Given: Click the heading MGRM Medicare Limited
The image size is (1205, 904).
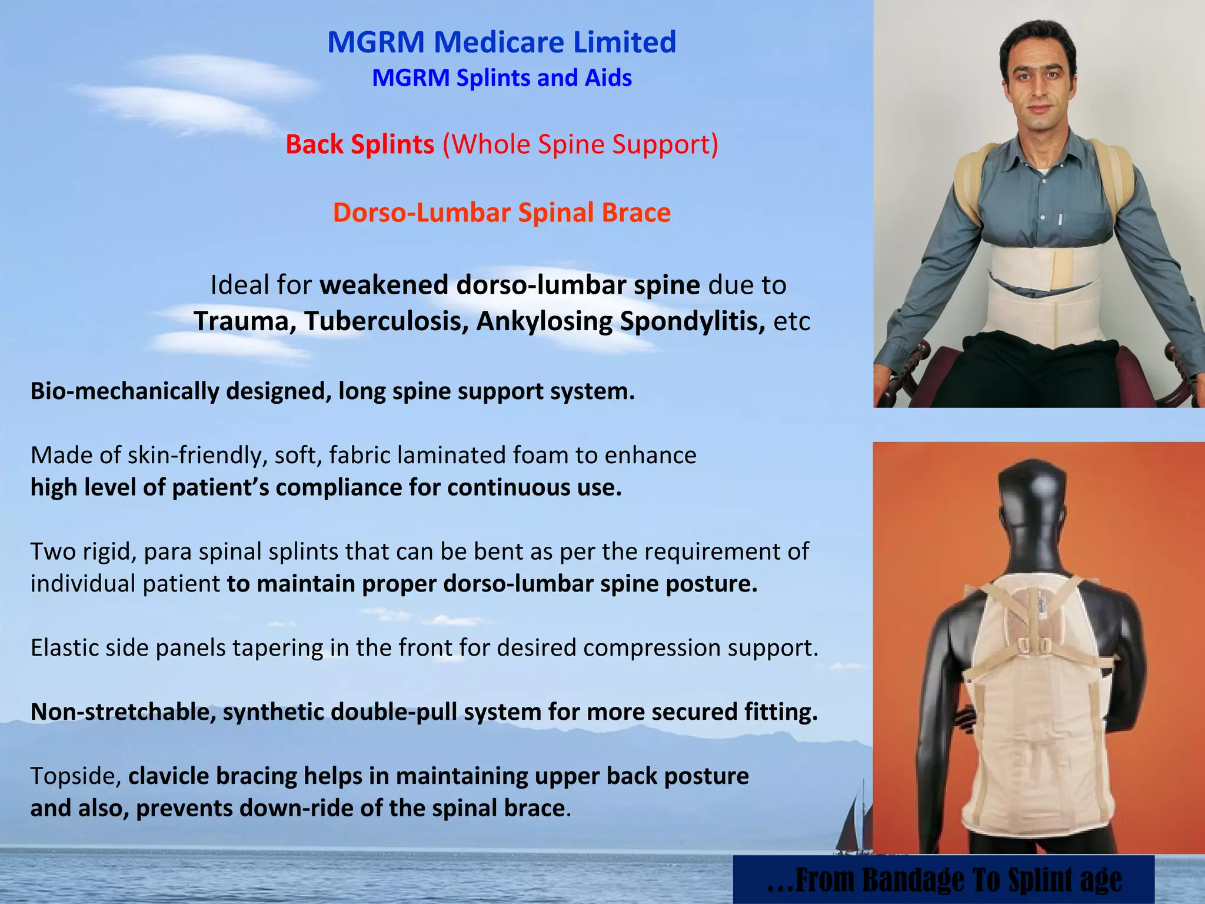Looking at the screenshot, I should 501,42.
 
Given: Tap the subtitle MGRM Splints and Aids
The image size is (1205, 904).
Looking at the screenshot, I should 501,78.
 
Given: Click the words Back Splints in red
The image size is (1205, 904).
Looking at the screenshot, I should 359,144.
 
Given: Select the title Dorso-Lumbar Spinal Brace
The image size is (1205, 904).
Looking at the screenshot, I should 501,212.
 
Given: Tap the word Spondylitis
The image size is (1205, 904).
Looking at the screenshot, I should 692,321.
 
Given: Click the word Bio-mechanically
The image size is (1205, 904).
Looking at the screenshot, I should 124,391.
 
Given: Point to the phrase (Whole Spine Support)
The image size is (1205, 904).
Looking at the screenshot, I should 580,144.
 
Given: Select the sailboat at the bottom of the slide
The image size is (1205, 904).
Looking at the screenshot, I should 856,824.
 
